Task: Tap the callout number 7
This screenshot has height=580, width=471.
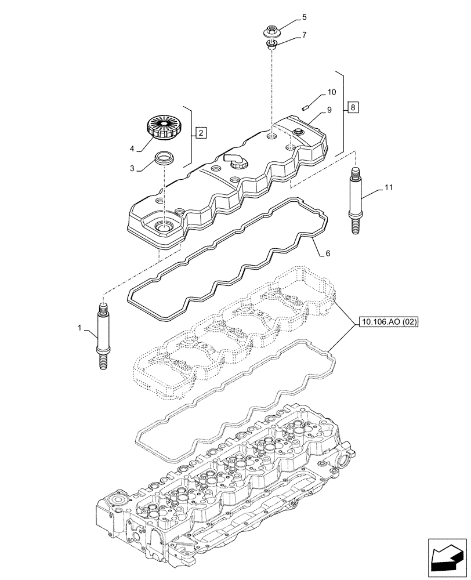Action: coord(304,35)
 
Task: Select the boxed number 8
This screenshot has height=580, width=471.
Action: coord(353,107)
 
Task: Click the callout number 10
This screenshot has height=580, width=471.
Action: coord(331,92)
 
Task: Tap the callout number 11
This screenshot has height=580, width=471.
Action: coord(388,188)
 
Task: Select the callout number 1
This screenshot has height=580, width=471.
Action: coord(79,329)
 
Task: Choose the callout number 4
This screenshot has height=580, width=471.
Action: coord(132,149)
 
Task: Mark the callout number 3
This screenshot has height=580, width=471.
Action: coord(132,169)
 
